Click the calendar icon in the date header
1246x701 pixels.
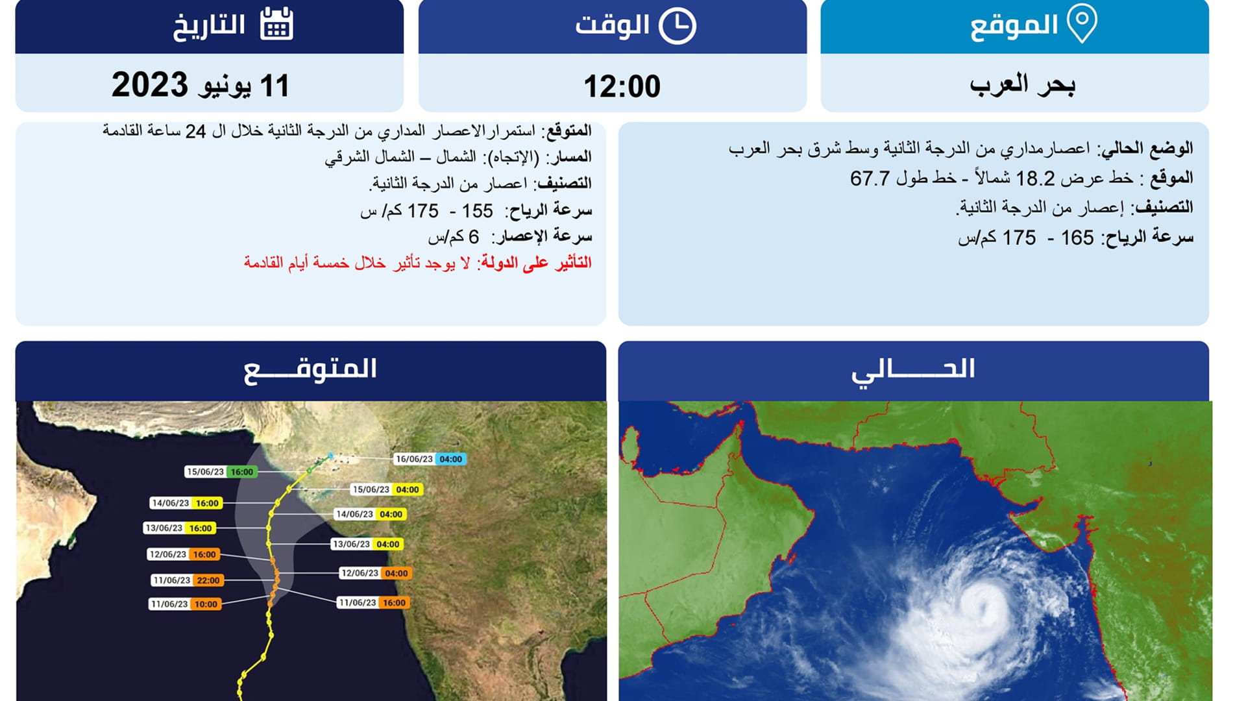pyautogui.click(x=276, y=25)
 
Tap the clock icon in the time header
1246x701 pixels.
pyautogui.click(x=677, y=26)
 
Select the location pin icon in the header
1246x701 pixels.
pyautogui.click(x=1082, y=23)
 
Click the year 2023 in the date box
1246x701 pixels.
pyautogui.click(x=150, y=85)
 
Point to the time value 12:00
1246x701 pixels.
pyautogui.click(x=622, y=86)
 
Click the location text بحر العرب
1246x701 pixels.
pyautogui.click(x=1022, y=85)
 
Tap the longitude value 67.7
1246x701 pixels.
pyautogui.click(x=870, y=178)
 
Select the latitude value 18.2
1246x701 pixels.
pyautogui.click(x=1035, y=178)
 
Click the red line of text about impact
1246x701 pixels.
pyautogui.click(x=418, y=263)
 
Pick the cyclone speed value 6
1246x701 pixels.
pyautogui.click(x=474, y=237)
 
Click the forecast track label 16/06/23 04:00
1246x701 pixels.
pyautogui.click(x=430, y=459)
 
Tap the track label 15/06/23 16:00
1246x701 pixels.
pyautogui.click(x=221, y=472)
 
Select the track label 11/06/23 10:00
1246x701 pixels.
pyautogui.click(x=185, y=604)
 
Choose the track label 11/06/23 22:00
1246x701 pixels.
pyautogui.click(x=187, y=580)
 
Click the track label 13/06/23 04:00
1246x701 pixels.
pyautogui.click(x=367, y=544)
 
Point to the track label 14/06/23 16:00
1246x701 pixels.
pyautogui.click(x=186, y=503)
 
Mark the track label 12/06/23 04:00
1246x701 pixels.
pyautogui.click(x=375, y=573)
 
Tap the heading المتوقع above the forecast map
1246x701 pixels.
pyautogui.click(x=310, y=370)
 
